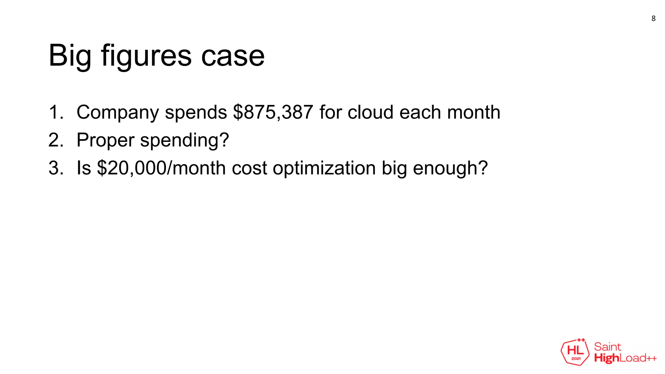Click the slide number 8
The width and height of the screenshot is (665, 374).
tap(653, 19)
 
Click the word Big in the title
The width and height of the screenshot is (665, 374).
tap(70, 56)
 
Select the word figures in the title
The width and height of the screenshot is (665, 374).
tap(146, 56)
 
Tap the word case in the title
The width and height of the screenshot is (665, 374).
tap(233, 56)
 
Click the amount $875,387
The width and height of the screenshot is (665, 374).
tap(273, 112)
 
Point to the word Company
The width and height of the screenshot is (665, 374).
tap(118, 113)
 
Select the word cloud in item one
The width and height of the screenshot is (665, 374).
tap(370, 112)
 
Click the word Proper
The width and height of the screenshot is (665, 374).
tap(105, 141)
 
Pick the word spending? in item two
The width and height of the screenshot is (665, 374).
tap(184, 141)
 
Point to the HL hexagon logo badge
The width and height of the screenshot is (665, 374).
tap(575, 352)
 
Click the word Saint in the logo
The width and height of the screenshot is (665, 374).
tap(608, 347)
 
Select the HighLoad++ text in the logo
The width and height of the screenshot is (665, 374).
tap(625, 358)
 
